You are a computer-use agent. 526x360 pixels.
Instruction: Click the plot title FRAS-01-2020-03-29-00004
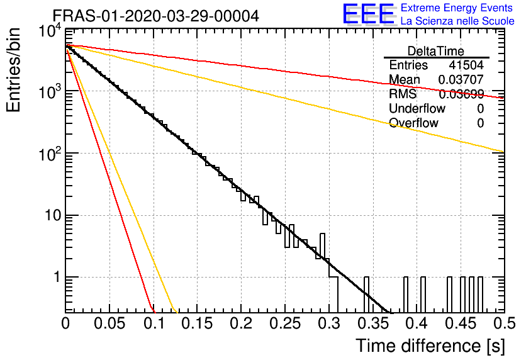[156, 16]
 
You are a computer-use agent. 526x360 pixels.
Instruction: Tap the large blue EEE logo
[369, 14]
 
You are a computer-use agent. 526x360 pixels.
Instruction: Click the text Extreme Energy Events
[457, 8]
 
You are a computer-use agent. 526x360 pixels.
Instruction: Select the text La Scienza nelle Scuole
[457, 21]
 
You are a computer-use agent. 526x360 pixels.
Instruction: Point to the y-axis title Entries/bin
[13, 70]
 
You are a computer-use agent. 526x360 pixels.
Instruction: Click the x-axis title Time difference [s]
[430, 346]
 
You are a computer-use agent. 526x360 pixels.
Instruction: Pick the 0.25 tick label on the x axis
[284, 323]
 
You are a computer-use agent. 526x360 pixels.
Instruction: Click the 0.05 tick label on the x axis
[109, 323]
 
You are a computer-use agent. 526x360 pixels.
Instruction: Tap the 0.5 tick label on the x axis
[505, 323]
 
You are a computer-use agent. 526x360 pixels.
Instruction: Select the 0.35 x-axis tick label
[372, 323]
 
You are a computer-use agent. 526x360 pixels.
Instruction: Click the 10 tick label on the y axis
[53, 215]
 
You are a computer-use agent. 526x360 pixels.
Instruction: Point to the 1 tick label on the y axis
[57, 278]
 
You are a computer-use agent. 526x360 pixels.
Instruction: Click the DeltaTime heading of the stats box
[436, 51]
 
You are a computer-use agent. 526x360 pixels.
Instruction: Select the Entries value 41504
[466, 65]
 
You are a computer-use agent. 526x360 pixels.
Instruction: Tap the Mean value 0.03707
[461, 79]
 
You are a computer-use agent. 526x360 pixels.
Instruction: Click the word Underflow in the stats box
[417, 108]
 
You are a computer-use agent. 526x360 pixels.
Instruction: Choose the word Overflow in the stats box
[413, 123]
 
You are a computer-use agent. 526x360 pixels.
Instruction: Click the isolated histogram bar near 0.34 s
[366, 295]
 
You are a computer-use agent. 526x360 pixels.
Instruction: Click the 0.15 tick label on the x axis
[197, 323]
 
